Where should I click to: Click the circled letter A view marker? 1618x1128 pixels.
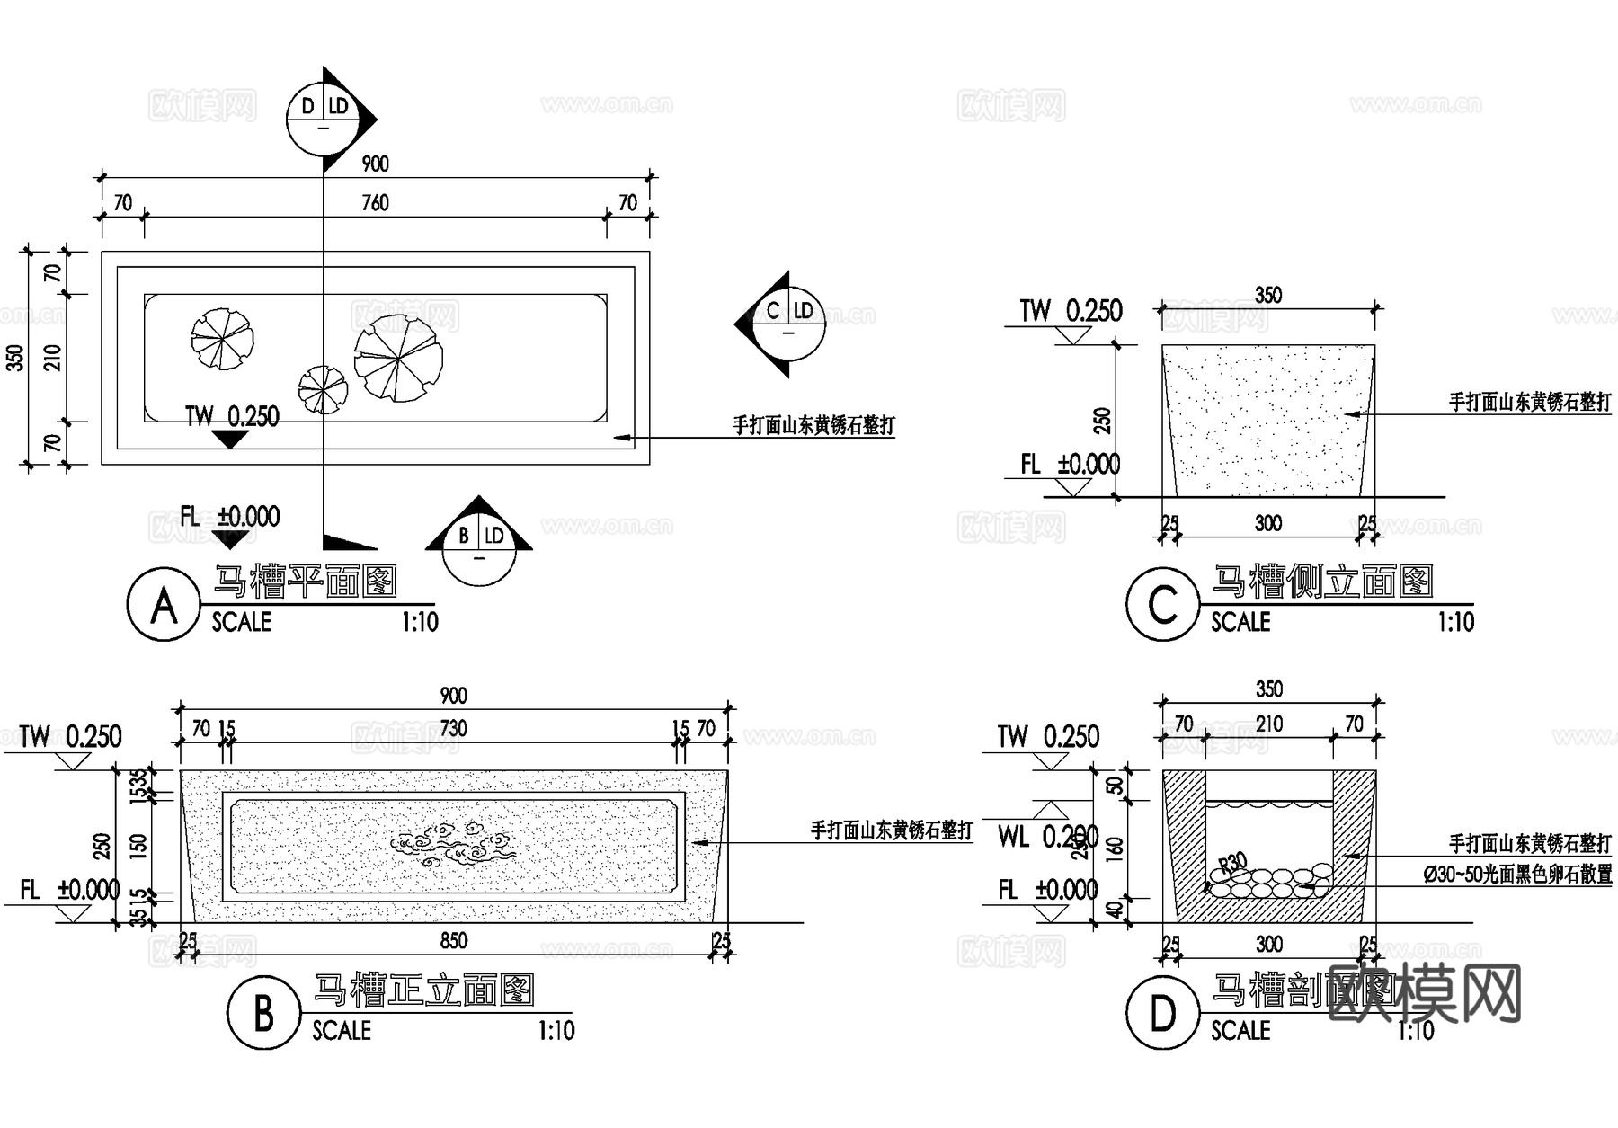163,605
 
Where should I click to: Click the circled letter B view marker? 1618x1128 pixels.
262,1013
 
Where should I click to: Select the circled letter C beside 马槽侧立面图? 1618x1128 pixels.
1162,605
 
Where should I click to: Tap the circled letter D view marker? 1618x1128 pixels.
1162,1013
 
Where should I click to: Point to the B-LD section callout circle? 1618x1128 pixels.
479,548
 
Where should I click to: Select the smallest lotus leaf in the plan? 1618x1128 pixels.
323,390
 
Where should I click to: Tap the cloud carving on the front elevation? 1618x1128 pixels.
454,843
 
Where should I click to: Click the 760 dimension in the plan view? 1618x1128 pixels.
375,203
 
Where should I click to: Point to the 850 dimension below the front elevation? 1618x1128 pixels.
454,941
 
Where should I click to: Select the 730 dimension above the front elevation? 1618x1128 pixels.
454,728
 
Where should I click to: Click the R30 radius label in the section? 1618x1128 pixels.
1232,865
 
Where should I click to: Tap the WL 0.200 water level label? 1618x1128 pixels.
1047,838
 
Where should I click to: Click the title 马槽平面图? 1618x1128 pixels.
306,582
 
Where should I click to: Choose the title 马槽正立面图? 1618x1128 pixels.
422,990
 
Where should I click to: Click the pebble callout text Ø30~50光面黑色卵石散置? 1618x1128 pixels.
1517,874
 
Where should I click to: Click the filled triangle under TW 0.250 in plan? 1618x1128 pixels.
230,439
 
